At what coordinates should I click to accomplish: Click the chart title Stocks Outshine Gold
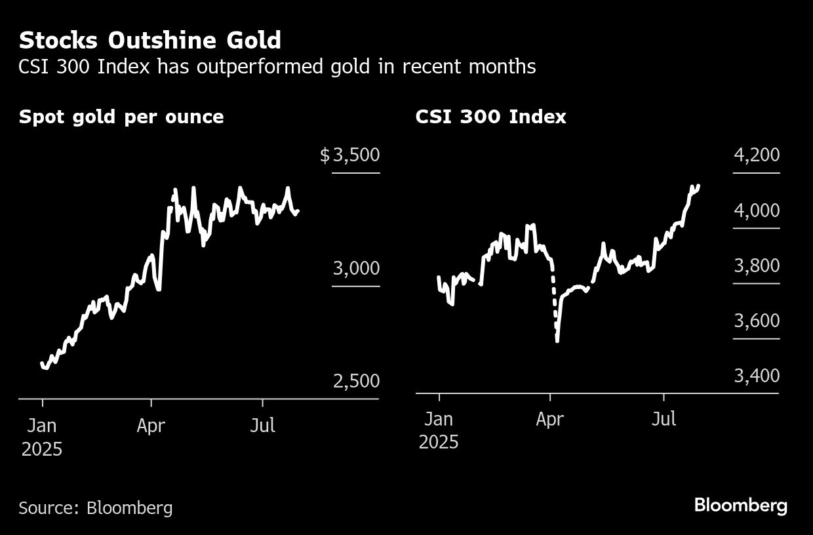point(149,41)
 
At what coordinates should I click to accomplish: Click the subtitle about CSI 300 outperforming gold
point(277,66)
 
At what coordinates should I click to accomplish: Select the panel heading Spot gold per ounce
point(121,117)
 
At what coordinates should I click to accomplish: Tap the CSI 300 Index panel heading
point(490,117)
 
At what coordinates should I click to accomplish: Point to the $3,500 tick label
point(349,155)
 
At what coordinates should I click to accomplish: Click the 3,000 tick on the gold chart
point(356,268)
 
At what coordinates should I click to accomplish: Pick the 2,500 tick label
point(356,381)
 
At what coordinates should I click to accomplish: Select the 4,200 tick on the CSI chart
point(756,155)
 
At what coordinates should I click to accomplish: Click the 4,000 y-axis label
point(756,210)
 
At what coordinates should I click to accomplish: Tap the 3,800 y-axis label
point(756,266)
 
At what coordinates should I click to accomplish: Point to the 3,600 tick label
point(756,321)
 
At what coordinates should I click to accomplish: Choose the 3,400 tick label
point(756,376)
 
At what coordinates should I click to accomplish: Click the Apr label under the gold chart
point(151,426)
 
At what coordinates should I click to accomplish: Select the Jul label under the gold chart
point(262,426)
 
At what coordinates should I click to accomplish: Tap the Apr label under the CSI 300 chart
point(549,419)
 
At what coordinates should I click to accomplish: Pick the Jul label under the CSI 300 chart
point(664,419)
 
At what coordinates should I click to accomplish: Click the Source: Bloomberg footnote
point(96,507)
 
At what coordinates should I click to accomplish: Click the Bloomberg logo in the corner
point(740,505)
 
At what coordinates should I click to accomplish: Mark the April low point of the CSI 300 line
point(557,340)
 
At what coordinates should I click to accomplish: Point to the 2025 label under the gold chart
point(41,450)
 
